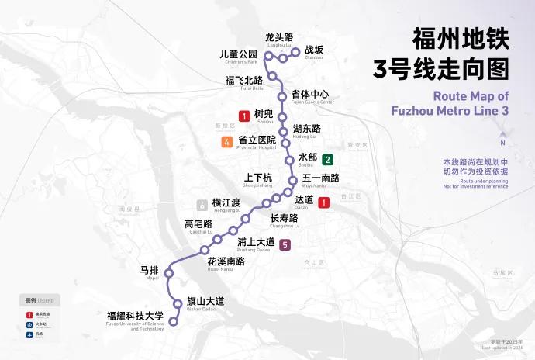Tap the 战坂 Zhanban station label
coord(313,50)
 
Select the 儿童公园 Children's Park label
coord(238,54)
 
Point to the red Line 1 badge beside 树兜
coord(244,116)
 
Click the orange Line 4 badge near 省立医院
coord(226,141)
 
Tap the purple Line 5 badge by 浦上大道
coord(285,246)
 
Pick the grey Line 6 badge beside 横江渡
coord(202,205)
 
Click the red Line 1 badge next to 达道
coord(324,202)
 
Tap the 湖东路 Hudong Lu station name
coord(307,129)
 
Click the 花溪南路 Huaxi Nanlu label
coord(226,261)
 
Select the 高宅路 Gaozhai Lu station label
coord(198,225)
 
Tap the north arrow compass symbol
coord(502,133)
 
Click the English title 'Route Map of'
coord(471,97)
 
